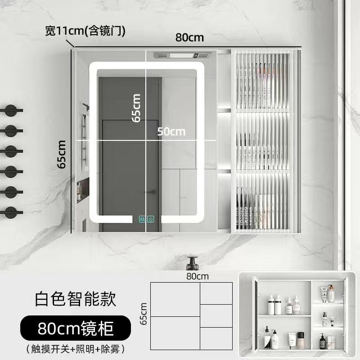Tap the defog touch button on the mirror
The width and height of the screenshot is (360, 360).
143,220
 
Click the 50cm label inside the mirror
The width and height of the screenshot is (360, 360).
171,131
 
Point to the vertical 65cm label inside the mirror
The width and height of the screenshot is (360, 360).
136,108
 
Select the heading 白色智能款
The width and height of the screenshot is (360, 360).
76,298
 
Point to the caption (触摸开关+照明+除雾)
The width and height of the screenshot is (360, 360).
75,348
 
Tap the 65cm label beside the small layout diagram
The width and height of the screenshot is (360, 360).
144,314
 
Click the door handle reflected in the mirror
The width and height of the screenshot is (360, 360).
153,192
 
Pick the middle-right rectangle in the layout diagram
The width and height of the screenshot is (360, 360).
216,316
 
